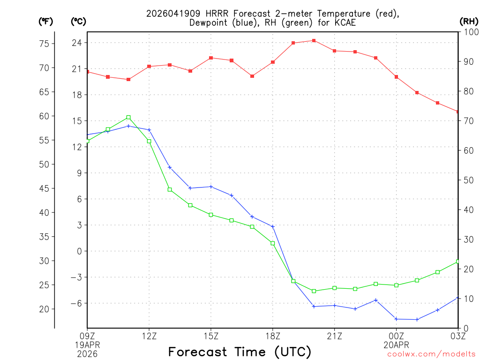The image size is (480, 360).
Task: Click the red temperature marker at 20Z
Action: click(x=314, y=40)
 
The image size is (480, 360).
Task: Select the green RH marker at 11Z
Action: click(x=128, y=117)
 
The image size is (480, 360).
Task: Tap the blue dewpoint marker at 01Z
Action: click(x=417, y=319)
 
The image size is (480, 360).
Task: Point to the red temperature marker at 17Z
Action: click(x=252, y=76)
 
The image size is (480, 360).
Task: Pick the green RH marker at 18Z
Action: click(x=273, y=243)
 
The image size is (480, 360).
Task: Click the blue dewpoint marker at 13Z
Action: click(x=170, y=167)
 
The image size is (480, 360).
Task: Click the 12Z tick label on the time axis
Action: click(x=149, y=336)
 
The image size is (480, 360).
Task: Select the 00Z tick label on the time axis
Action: click(x=396, y=336)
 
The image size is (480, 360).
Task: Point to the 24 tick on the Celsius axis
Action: click(x=76, y=43)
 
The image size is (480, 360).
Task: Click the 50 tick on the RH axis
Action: click(x=468, y=180)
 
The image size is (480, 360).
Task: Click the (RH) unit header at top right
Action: click(x=468, y=21)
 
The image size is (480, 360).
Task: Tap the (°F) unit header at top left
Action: click(x=46, y=21)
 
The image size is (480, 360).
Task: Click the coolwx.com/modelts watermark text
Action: click(x=431, y=354)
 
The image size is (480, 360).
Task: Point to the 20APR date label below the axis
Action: click(x=396, y=344)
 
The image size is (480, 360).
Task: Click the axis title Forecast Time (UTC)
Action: click(x=240, y=352)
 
